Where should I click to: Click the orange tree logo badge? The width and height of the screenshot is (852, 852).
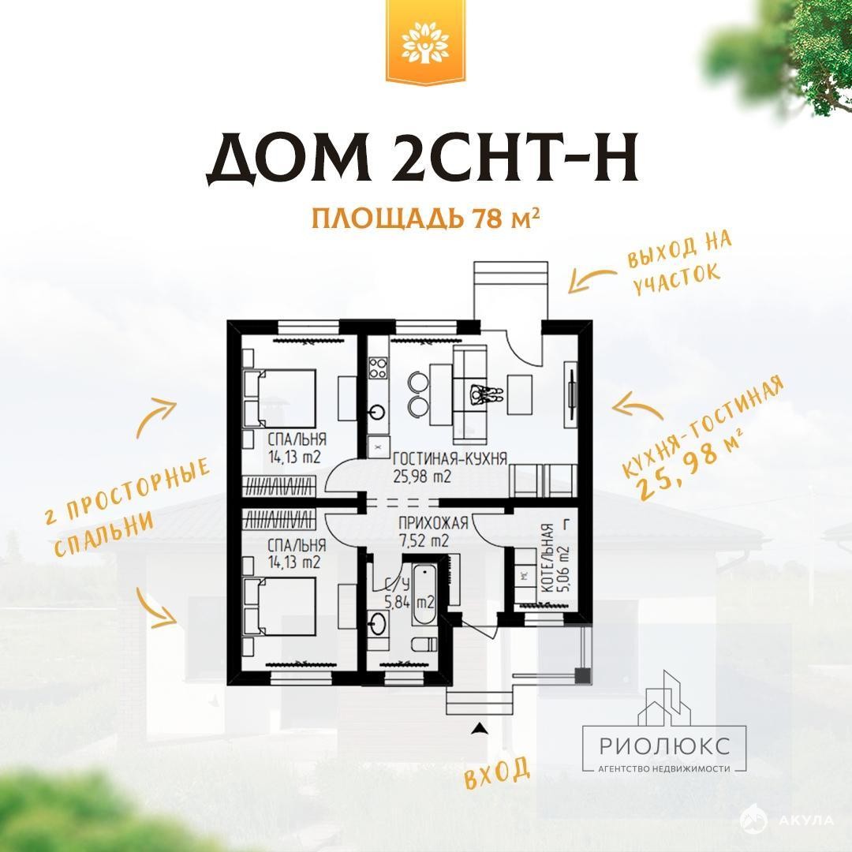(x=425, y=43)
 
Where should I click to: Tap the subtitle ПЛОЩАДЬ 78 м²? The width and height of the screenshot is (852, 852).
(x=425, y=219)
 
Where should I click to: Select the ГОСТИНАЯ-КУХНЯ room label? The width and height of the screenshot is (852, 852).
(x=450, y=458)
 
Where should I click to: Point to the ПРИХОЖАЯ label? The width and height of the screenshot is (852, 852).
(x=433, y=523)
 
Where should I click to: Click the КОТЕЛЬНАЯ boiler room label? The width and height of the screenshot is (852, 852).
(x=548, y=558)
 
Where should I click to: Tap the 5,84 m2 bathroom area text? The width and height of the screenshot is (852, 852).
(x=409, y=602)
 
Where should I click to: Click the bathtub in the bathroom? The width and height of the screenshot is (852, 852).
(x=424, y=595)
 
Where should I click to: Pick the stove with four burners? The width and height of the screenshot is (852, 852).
(x=378, y=368)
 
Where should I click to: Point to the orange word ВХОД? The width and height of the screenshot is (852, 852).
(x=497, y=772)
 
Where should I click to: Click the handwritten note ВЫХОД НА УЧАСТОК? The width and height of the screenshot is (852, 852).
(x=678, y=263)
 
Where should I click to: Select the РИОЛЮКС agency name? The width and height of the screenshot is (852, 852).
(x=664, y=745)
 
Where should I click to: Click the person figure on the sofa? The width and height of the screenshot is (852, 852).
(x=486, y=394)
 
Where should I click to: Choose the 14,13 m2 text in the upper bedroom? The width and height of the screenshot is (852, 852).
(x=294, y=457)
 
